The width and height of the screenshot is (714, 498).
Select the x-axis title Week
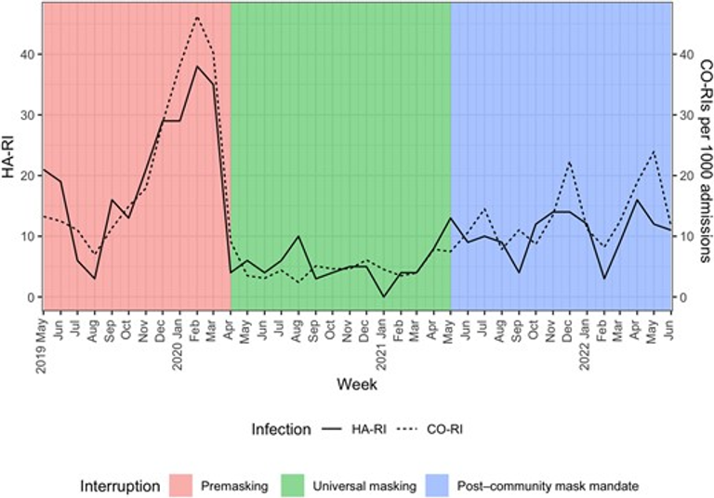click(357, 383)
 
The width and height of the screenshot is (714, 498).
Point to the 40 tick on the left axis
click(27, 55)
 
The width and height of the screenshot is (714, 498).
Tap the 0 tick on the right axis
click(686, 297)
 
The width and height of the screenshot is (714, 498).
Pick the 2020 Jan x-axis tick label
click(179, 342)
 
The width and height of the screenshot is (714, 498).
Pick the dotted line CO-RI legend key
click(409, 430)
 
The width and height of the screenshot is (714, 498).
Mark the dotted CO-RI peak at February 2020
click(197, 18)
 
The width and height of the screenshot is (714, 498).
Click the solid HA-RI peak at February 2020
click(197, 66)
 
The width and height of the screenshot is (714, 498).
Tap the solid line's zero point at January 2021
click(383, 296)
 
